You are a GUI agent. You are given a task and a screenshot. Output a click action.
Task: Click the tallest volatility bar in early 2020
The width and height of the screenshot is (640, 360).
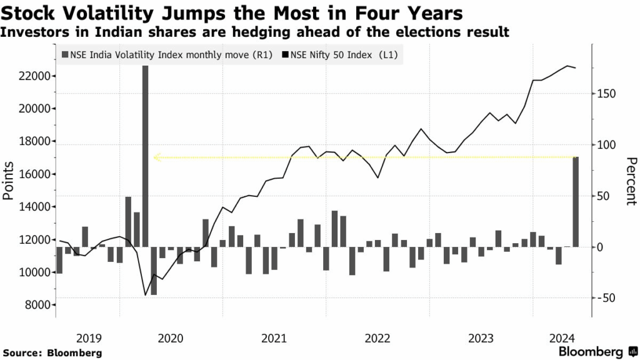(x=145, y=156)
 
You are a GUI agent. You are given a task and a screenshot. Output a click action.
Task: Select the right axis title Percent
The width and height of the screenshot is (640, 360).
(x=630, y=181)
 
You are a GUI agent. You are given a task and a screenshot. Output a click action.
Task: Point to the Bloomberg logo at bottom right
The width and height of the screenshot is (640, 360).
(x=591, y=351)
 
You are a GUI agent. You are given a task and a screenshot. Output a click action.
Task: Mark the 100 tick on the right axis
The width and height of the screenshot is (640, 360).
(x=604, y=145)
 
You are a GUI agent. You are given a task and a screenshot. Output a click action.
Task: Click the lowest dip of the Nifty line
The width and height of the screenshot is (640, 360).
(x=146, y=295)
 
